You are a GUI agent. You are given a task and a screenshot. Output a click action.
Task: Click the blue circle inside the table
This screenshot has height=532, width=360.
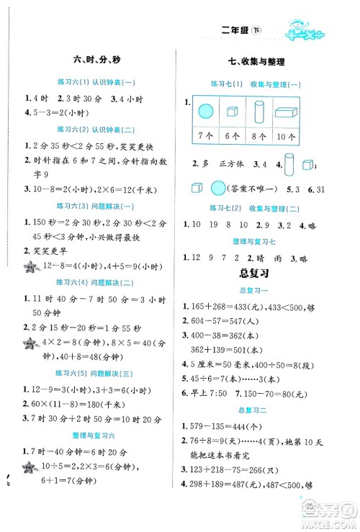(x=205, y=112)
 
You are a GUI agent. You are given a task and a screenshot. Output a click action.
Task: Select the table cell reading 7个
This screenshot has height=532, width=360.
(x=205, y=137)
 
